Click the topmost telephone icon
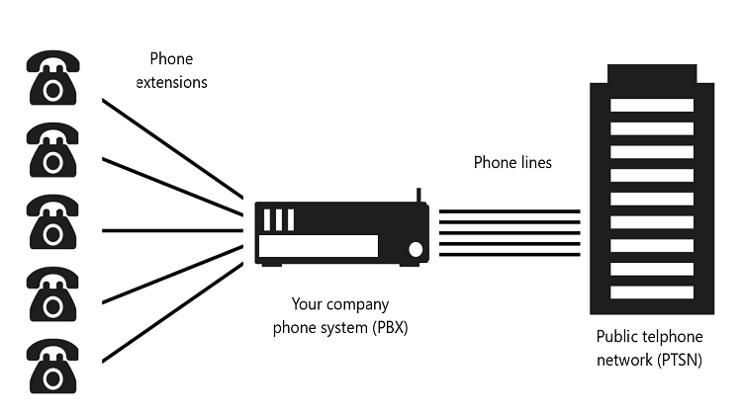[50, 78]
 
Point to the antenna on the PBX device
[418, 195]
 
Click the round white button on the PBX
[416, 248]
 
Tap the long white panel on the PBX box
[318, 246]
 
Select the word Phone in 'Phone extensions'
[171, 59]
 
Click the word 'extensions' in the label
[171, 82]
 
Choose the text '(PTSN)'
[679, 360]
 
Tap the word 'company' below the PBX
[356, 303]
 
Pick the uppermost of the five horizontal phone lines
[509, 210]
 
